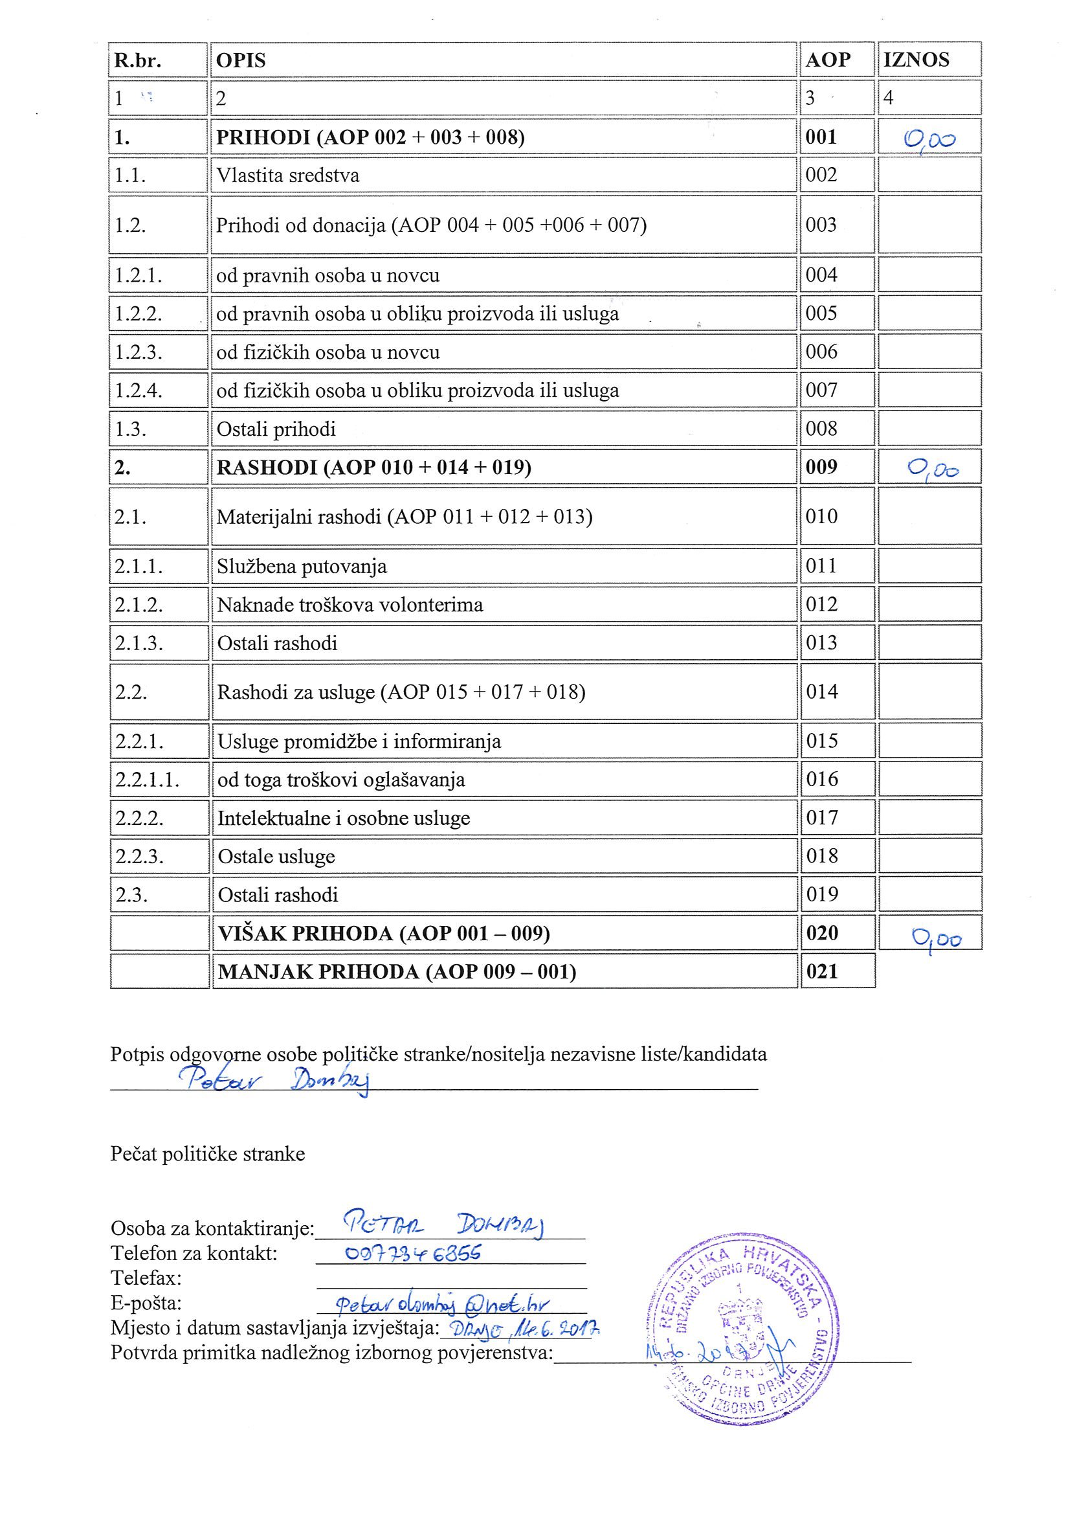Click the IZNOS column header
click(916, 60)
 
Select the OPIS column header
click(241, 60)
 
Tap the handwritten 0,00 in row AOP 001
click(930, 140)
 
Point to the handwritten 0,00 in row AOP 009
click(933, 469)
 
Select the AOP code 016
click(822, 779)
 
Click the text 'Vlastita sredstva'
click(288, 175)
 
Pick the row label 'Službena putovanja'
click(302, 567)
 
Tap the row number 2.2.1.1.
click(147, 780)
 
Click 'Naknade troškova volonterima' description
click(350, 605)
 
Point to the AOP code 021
click(823, 972)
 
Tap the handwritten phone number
click(414, 1252)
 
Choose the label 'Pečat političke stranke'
click(208, 1154)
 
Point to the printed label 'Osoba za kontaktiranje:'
click(212, 1228)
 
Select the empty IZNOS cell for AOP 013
click(929, 643)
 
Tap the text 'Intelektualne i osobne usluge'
click(344, 818)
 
